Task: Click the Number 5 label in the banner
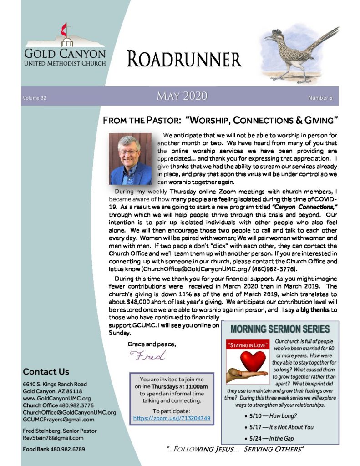[320, 98]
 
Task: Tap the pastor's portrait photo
[130, 159]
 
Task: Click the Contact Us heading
[46, 371]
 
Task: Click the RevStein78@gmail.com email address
[53, 438]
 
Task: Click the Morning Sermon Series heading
[280, 329]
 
